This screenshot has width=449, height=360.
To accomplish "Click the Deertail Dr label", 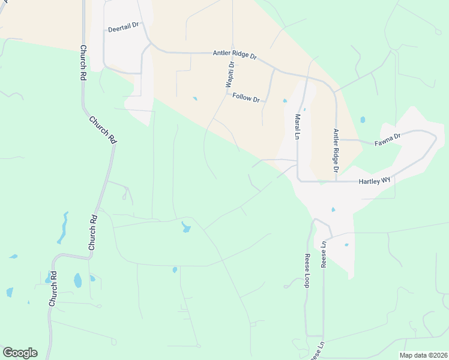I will point(123,28).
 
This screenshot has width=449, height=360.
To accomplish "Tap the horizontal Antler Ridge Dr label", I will point(235,55).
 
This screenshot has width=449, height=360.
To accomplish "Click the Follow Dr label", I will point(246,97).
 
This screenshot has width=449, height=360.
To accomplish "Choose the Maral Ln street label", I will point(297,127).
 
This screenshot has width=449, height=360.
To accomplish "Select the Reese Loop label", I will point(306,271).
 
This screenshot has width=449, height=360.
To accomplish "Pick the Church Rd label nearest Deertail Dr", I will point(83,62).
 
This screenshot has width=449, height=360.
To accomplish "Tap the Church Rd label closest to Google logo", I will point(53,289).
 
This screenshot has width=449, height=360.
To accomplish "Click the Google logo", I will point(20,353).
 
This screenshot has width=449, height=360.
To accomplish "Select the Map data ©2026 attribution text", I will point(423,355).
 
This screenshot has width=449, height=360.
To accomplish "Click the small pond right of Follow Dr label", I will point(285,101).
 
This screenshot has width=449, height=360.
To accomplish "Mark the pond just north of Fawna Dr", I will point(363,119).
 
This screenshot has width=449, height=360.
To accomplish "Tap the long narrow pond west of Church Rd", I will point(62,228).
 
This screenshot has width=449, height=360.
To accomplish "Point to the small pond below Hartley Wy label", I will point(333,209).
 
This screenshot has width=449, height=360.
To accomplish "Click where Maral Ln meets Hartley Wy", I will point(298,181).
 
